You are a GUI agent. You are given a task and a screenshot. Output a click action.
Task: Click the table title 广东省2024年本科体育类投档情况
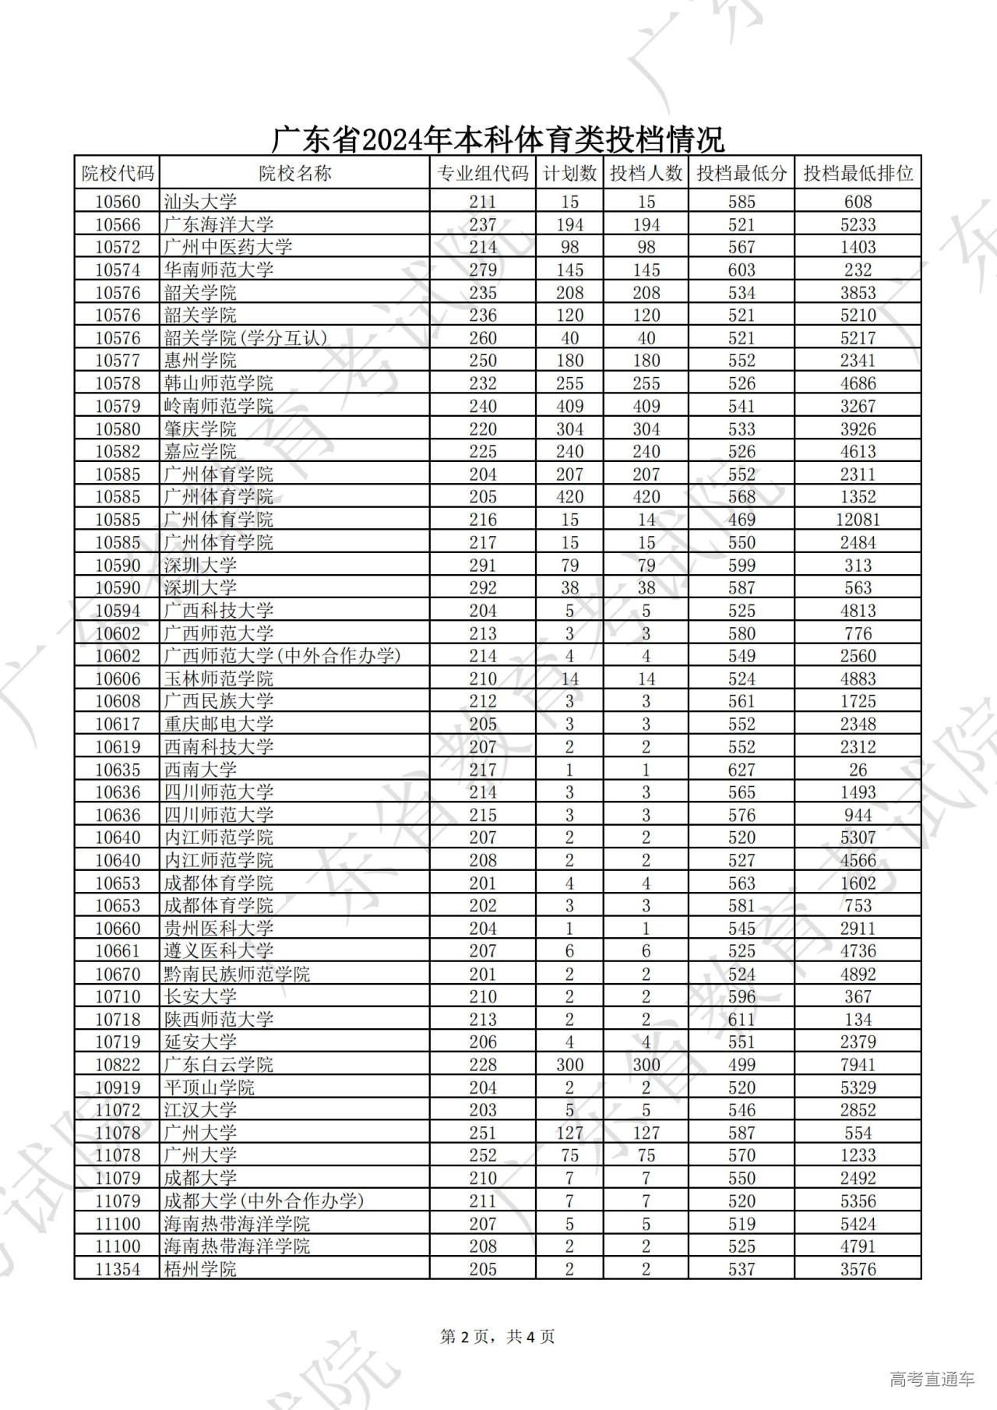(498, 139)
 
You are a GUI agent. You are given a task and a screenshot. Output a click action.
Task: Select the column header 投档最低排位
(858, 173)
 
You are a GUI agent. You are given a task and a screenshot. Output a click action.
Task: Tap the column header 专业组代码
(483, 173)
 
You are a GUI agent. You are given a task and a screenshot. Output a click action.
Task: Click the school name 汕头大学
(200, 202)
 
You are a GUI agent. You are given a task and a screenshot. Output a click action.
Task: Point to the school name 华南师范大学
(219, 270)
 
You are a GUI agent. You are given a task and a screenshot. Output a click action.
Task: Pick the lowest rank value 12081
(858, 520)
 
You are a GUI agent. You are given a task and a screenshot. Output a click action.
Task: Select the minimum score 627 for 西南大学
(741, 770)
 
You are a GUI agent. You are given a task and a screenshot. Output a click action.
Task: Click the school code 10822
(118, 1064)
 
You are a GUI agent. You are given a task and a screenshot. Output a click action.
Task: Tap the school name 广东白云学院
(219, 1064)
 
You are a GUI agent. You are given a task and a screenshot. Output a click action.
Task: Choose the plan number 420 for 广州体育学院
(569, 497)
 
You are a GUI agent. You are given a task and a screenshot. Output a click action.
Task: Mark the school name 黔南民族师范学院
(237, 974)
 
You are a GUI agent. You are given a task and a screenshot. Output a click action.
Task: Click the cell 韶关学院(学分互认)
(245, 338)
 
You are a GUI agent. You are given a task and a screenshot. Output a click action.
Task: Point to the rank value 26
(858, 770)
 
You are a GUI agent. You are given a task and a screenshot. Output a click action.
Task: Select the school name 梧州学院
(200, 1269)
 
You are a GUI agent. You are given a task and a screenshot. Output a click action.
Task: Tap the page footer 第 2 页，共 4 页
(498, 1337)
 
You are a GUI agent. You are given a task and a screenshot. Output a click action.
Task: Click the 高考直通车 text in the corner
(932, 1379)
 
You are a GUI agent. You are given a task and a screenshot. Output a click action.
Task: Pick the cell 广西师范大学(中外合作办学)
(282, 656)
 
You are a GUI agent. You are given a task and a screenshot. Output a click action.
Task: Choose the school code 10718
(118, 1019)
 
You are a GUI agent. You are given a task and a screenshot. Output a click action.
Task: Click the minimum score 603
(741, 270)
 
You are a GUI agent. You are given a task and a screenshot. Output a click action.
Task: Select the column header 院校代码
(118, 173)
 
